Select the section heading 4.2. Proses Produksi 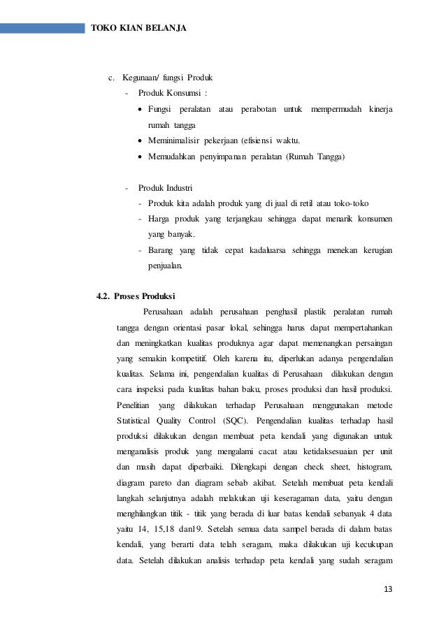click(x=136, y=294)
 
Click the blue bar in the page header click(x=42, y=29)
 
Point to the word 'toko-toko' click(x=351, y=203)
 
